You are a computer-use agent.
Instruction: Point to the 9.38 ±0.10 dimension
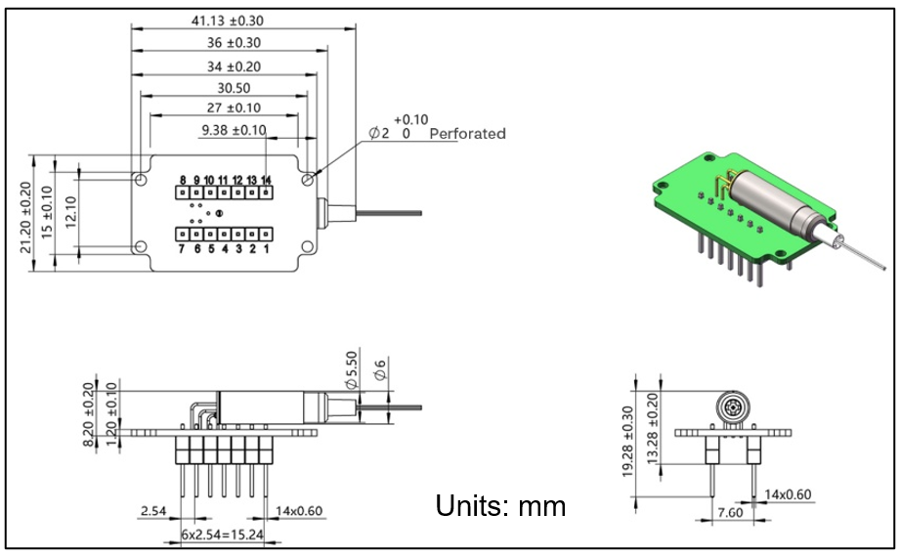pos(233,130)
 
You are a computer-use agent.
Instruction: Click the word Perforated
pos(468,134)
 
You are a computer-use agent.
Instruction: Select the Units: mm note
pos(500,507)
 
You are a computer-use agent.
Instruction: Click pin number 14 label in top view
pos(266,180)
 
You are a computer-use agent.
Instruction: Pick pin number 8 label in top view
pos(183,180)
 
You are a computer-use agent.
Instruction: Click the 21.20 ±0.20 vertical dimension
pos(26,217)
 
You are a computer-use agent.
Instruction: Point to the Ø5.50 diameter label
pos(352,369)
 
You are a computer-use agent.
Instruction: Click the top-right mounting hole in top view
pos(310,180)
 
